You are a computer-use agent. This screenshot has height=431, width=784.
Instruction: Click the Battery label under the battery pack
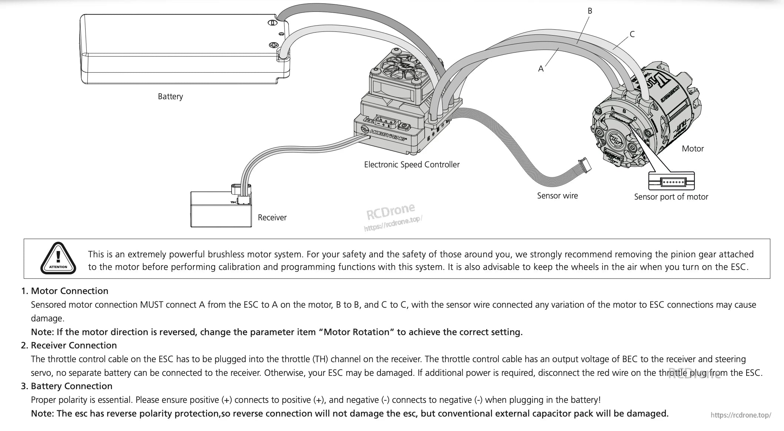pos(170,97)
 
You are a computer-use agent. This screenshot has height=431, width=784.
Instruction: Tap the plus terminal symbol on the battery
pos(273,45)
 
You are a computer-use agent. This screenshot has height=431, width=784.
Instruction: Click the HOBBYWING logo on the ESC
pos(384,134)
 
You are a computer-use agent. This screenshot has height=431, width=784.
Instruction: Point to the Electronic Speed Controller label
pos(412,165)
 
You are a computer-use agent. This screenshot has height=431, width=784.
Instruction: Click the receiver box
pos(221,210)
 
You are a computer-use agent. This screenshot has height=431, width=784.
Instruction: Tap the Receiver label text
pos(272,218)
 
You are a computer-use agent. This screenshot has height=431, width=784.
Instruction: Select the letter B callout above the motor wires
pos(590,11)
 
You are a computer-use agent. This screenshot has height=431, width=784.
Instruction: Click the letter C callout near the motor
pos(632,34)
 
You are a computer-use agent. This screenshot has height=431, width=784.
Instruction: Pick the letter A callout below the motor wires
pos(541,69)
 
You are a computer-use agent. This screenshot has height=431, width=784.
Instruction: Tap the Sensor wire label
pos(557,196)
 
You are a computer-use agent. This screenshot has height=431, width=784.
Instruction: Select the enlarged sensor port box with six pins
pos(671,181)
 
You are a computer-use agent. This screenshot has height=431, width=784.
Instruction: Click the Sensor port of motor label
pos(671,197)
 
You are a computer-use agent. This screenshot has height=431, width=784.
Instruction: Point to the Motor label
pos(692,149)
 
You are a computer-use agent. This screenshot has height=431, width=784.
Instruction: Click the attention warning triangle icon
pos(58,258)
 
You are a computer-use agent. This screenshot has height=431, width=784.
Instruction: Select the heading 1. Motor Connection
pos(64,291)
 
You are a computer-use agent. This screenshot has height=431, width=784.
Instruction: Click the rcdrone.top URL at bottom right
pos(740,415)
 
